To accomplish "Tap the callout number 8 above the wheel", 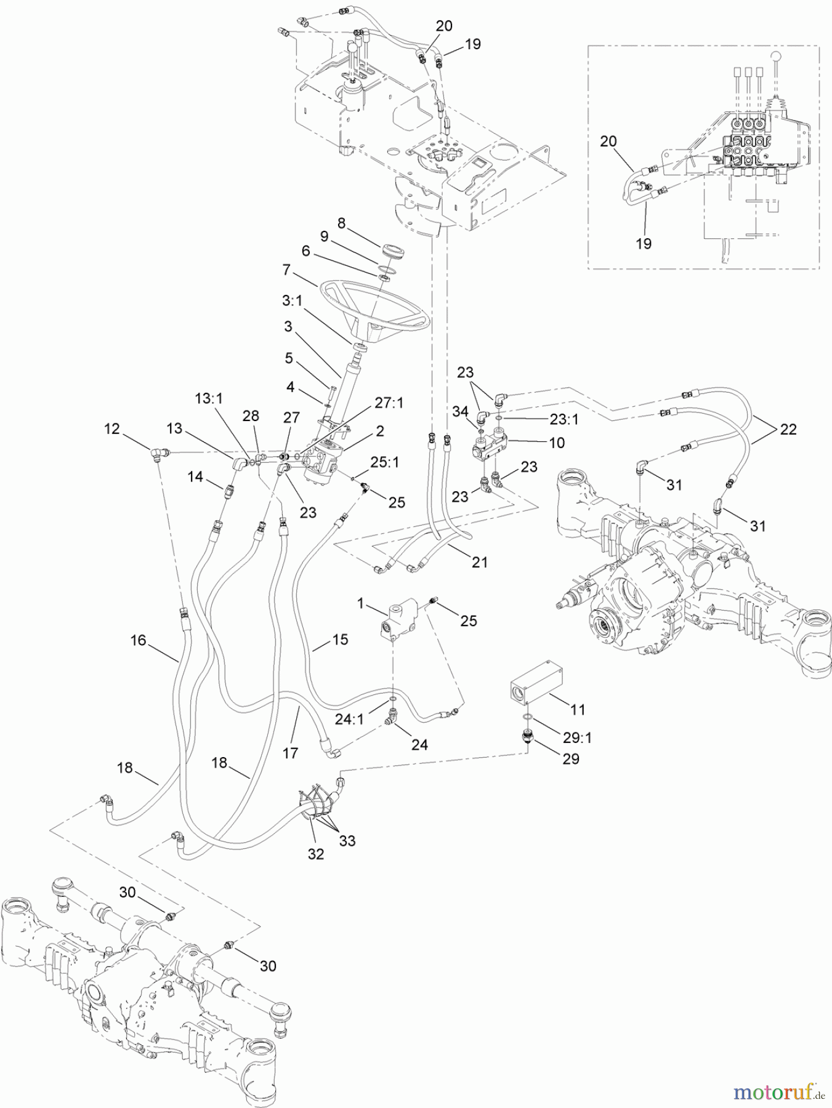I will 342,223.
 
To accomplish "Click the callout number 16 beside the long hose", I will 138,640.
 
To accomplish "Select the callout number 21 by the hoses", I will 480,561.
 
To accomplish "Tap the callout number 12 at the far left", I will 111,428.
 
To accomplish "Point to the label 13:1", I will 209,398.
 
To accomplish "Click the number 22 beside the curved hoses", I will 788,429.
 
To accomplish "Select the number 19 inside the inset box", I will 644,243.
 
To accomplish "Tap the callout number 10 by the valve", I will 556,443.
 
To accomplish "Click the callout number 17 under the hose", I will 290,752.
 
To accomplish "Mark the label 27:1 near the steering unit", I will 390,403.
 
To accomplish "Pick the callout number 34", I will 460,412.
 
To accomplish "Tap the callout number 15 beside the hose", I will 340,640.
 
